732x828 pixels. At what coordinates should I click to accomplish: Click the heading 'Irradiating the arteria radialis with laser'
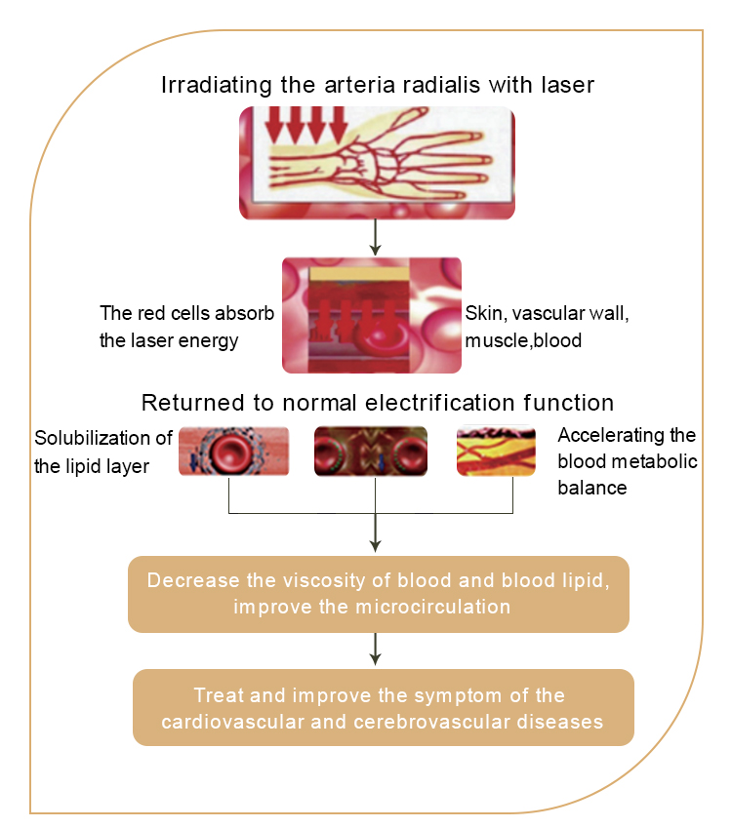(x=377, y=85)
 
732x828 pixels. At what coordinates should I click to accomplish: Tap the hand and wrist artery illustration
(x=377, y=162)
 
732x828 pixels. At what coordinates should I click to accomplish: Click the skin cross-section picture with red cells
(x=371, y=315)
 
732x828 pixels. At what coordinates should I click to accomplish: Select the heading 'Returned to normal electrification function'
(x=377, y=403)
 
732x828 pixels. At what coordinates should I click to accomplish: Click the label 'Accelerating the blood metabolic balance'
(x=627, y=459)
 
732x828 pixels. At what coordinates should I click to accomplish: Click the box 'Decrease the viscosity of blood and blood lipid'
(x=378, y=593)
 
